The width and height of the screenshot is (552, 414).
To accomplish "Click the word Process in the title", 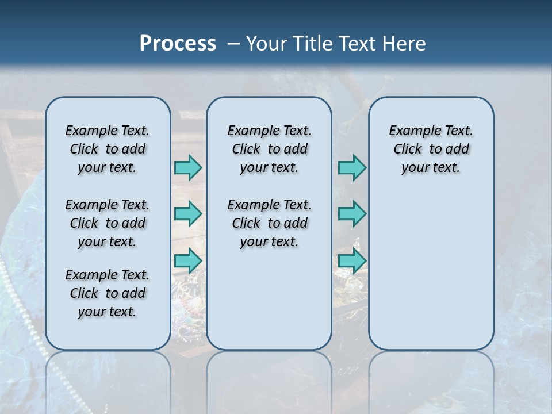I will (x=178, y=44).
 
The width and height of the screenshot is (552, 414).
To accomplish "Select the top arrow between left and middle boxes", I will (x=188, y=167).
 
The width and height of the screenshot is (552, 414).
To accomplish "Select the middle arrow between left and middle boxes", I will (x=188, y=214).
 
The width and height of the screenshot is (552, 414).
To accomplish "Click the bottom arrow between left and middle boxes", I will (x=188, y=260).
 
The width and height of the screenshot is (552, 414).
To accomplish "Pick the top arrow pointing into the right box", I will (x=352, y=167).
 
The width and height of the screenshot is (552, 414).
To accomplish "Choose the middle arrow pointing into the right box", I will (x=352, y=214).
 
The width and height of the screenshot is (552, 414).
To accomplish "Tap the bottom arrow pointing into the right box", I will (x=352, y=260).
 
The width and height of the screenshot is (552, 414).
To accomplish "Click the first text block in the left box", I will (x=108, y=149).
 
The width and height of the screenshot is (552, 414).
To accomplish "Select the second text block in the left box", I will (x=108, y=223).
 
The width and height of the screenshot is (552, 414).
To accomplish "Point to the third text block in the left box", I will (x=108, y=293).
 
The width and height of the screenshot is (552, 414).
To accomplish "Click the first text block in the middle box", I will (x=269, y=149).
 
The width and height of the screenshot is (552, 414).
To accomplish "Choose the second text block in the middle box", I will (x=269, y=223).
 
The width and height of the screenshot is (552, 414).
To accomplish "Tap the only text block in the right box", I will (x=431, y=149).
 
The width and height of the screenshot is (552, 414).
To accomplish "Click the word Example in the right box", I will (x=410, y=131).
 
